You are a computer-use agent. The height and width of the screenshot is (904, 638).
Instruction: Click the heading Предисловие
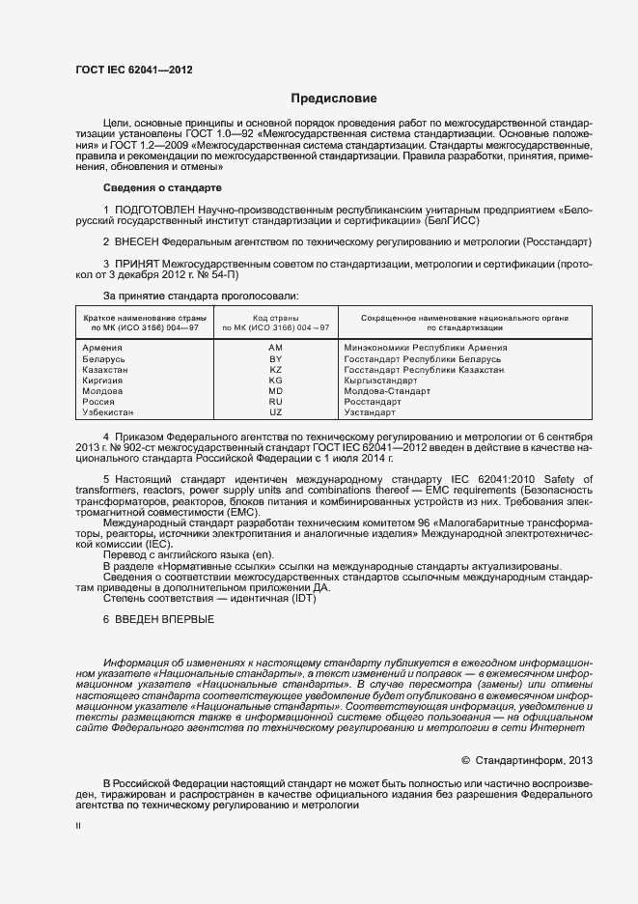pos(334,99)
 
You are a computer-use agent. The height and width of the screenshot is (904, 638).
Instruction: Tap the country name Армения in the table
pos(102,347)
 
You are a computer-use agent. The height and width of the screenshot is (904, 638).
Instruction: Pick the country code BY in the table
pos(275,358)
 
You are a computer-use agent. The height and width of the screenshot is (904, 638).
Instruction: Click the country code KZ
pos(275,369)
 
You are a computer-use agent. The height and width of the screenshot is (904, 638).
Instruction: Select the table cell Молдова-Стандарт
pos(387,391)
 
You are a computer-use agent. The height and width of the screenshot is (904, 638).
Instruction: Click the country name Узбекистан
pos(108,412)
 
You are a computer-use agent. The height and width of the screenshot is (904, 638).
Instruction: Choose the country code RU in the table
pos(275,402)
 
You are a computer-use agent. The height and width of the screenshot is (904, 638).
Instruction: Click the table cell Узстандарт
pos(370,412)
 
